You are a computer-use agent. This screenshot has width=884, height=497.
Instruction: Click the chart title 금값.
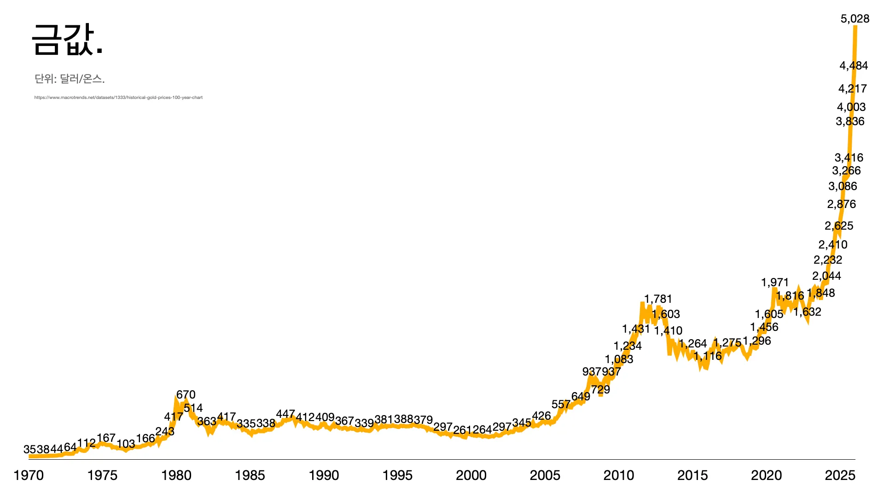(x=67, y=40)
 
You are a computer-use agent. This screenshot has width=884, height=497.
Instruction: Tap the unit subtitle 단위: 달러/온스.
(x=70, y=79)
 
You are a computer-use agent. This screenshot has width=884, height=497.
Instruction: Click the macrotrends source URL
(x=118, y=98)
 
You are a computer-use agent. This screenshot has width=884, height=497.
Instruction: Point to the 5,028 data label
(x=855, y=19)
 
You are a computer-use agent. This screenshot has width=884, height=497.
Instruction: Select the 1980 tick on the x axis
(x=176, y=475)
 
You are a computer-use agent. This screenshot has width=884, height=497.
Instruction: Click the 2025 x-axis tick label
(x=840, y=475)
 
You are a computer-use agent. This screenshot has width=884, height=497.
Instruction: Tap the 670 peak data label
(x=186, y=395)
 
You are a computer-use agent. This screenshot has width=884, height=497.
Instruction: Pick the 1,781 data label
(x=658, y=299)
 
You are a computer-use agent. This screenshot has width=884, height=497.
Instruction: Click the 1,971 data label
(x=775, y=283)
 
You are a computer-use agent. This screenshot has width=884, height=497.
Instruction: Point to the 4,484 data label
(x=854, y=66)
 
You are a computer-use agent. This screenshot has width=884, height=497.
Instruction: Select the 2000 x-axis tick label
(x=471, y=475)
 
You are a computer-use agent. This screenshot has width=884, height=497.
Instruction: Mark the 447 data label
(x=285, y=414)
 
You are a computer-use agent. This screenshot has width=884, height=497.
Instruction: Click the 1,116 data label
(x=708, y=356)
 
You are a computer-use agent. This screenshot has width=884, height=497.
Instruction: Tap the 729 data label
(x=600, y=390)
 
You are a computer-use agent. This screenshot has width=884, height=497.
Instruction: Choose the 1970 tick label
(x=29, y=475)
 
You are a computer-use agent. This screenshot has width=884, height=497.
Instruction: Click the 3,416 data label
(x=849, y=158)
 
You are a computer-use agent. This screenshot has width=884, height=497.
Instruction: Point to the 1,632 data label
(x=807, y=312)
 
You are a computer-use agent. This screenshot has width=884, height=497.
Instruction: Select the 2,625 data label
(x=839, y=226)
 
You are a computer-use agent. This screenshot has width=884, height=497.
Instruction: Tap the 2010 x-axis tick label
(x=619, y=475)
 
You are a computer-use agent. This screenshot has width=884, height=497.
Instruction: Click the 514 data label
(x=193, y=408)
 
